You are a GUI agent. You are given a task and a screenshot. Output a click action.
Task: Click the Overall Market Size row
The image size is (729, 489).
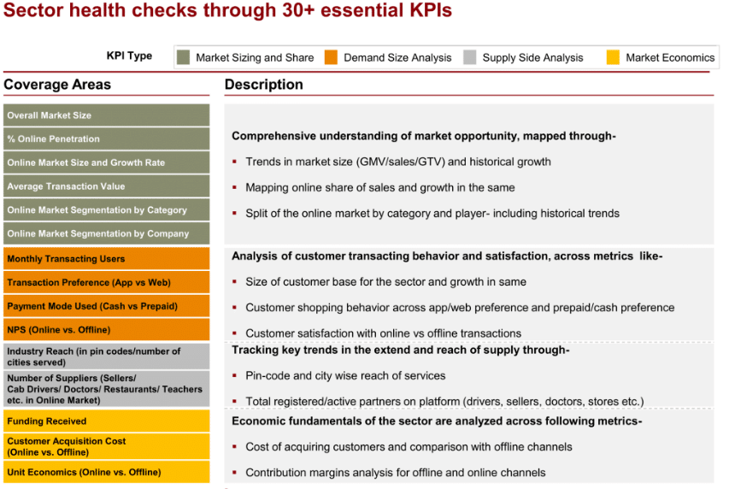coord(107,115)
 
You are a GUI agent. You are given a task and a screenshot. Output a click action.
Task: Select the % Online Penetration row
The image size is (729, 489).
coord(107,138)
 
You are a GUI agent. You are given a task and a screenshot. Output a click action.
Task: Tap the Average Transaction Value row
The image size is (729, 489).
coord(107,186)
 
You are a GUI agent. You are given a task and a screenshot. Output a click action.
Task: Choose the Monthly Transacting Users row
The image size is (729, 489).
coord(107,259)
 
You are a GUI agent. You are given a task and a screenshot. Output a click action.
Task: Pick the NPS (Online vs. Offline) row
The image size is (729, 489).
coord(107,329)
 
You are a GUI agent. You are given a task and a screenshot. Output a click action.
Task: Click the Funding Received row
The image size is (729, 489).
coord(107,421)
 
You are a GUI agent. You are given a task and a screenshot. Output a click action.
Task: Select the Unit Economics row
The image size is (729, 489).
coord(107,472)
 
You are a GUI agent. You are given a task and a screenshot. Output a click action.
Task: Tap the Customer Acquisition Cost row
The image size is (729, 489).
coord(107,446)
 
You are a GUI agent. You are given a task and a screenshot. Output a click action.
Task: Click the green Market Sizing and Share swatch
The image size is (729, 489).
coord(183,57)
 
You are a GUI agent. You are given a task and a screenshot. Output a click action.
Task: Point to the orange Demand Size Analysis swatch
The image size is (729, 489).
coord(331,57)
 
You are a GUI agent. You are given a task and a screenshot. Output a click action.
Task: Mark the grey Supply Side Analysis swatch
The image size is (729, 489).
coord(470,57)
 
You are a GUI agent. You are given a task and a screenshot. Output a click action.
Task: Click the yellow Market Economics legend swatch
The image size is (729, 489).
coord(614,57)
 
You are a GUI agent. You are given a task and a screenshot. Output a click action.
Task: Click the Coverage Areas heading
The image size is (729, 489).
coord(57,85)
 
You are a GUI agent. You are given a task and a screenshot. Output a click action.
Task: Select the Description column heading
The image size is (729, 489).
coord(263,85)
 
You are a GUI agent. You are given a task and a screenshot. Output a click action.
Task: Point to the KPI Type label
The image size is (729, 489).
coord(129,56)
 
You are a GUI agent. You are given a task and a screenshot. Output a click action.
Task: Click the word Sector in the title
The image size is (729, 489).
coord(33,10)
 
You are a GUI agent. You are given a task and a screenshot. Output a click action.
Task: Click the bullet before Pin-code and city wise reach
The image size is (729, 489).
coord(235,375)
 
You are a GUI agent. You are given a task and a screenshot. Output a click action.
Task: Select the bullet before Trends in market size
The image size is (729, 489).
coord(235,162)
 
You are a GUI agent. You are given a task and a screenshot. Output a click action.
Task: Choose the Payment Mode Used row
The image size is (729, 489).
coord(107,306)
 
